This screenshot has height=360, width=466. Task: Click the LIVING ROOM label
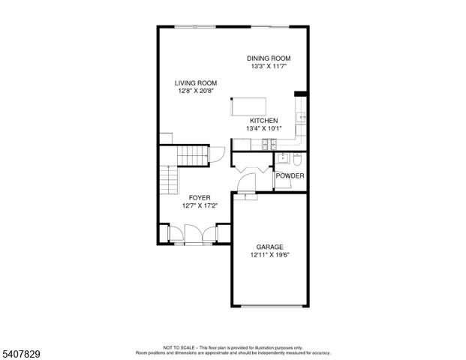196,83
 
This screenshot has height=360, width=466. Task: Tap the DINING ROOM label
269,58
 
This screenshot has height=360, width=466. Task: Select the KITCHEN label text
264,121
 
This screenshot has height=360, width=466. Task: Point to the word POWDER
290,176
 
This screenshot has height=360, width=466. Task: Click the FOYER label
200,197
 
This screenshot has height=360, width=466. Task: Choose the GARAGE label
269,247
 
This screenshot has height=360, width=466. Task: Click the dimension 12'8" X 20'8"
196,91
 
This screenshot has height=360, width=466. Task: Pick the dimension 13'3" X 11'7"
269,67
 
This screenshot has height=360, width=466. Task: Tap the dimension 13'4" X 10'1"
264,129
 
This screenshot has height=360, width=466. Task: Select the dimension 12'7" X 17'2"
200,205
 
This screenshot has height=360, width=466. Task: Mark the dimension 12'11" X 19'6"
269,255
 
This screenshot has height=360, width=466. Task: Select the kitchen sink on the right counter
301,118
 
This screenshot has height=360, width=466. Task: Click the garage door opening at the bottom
269,305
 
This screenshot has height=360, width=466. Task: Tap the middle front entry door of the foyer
192,236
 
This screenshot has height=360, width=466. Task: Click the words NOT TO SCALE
178,347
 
